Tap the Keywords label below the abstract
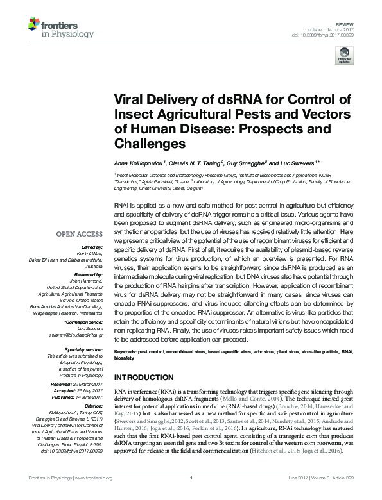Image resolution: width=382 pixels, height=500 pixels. tap(125, 352)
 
